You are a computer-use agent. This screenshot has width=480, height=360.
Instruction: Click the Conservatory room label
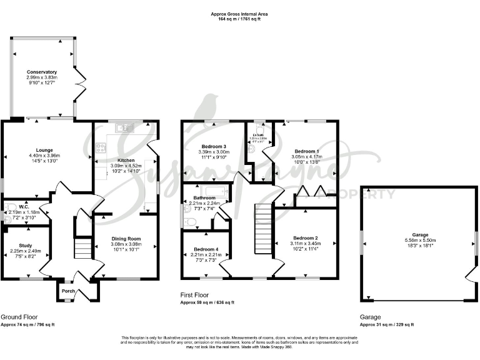(42, 72)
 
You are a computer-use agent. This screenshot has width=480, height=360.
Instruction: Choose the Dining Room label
(126, 238)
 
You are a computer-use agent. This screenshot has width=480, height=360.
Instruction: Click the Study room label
(26, 245)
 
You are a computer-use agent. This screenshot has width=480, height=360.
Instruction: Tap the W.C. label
(24, 207)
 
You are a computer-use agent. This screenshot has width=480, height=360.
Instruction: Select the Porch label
(68, 291)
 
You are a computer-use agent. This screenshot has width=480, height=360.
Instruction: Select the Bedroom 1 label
(306, 152)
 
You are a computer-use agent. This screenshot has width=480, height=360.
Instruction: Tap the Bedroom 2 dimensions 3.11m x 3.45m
(306, 244)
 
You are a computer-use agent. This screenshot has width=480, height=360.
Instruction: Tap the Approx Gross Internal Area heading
(239, 14)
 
